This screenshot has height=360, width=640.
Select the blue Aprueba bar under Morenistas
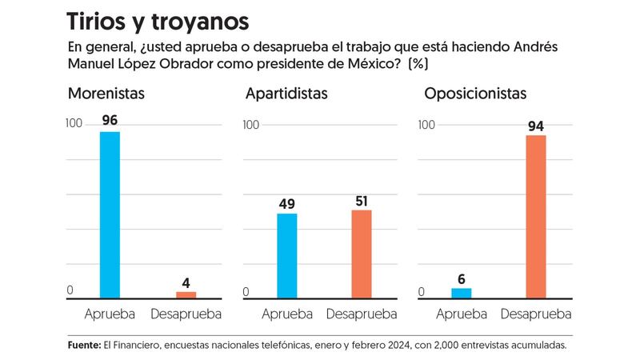tap(110, 214)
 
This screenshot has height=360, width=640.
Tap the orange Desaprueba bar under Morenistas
tap(186, 294)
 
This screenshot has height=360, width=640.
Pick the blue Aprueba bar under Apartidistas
tap(286, 255)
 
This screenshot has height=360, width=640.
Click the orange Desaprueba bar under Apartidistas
tap(362, 254)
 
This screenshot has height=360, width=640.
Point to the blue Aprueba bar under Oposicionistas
tap(461, 293)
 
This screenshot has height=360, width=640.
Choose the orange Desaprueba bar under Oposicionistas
tap(536, 216)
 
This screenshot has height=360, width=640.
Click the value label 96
tap(110, 121)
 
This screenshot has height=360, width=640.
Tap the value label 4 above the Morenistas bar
tap(186, 282)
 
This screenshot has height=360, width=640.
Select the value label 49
tap(286, 203)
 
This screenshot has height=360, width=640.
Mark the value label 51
tap(362, 200)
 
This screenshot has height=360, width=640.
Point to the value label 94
tap(536, 126)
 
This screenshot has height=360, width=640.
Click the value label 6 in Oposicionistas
tap(462, 278)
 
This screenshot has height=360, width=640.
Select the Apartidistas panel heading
tap(287, 94)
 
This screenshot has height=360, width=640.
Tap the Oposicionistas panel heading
tap(475, 94)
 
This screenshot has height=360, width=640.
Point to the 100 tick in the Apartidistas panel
tap(250, 125)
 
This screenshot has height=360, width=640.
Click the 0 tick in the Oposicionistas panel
tap(422, 292)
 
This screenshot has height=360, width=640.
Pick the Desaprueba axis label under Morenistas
tap(186, 313)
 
